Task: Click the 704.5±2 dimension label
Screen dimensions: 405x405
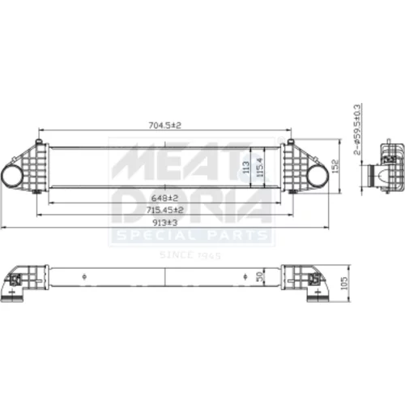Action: (x=165, y=126)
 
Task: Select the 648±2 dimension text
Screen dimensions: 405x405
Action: (x=164, y=198)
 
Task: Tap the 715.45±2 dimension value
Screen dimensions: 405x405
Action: (x=165, y=210)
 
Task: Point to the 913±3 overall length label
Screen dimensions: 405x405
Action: (x=165, y=223)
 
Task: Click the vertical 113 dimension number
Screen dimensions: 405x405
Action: (x=246, y=168)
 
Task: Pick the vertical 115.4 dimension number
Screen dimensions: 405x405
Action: (x=259, y=168)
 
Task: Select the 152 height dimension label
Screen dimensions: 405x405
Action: (x=335, y=166)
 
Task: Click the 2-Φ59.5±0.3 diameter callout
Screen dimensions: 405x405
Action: (x=357, y=130)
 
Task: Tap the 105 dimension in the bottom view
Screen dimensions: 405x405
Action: (x=344, y=283)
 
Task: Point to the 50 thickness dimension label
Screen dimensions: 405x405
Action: (x=259, y=276)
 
